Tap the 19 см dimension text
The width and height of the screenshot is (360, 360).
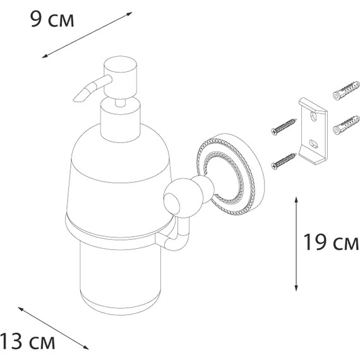[330, 243]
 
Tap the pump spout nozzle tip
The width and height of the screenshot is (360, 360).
[80, 97]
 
